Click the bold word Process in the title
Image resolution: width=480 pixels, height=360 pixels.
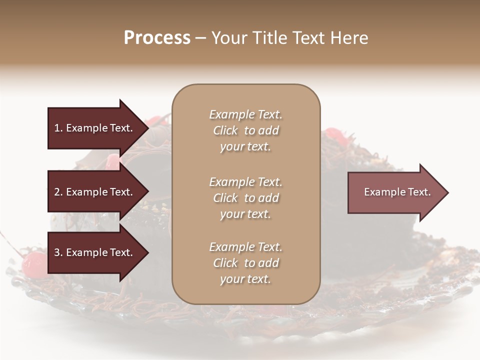(157, 38)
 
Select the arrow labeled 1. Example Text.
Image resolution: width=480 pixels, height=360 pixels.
(95, 128)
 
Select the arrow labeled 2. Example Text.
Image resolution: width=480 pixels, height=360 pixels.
(95, 192)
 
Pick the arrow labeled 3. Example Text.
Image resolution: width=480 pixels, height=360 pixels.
(95, 253)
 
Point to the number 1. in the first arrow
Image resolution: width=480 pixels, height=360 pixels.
(58, 128)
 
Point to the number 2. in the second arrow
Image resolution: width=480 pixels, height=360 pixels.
(58, 192)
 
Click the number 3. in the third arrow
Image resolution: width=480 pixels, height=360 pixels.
(58, 253)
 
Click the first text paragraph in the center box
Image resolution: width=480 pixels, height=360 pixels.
(245, 130)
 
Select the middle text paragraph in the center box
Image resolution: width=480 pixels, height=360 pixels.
(245, 198)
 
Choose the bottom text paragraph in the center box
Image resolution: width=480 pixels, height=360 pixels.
(245, 263)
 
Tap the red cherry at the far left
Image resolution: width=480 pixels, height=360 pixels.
(34, 262)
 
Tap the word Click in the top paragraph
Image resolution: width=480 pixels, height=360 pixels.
(225, 130)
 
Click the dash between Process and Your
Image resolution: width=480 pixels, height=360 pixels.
(201, 38)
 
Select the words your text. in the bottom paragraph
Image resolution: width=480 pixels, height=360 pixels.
(245, 279)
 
